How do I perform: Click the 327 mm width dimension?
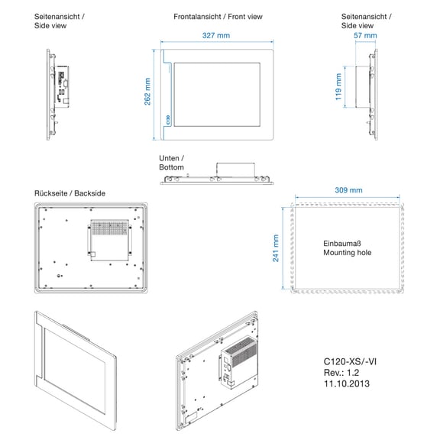(216, 36)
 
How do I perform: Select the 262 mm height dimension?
(147, 92)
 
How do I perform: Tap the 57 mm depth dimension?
(365, 36)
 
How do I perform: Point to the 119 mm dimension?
(338, 87)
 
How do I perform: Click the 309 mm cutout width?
(348, 190)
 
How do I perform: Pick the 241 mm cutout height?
(276, 248)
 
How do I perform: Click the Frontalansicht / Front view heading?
(218, 17)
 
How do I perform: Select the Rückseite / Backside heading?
(70, 193)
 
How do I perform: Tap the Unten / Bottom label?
(171, 163)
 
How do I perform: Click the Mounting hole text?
(348, 253)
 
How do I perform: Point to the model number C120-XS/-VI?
(350, 361)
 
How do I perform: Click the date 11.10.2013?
(347, 383)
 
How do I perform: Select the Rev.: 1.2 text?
(341, 373)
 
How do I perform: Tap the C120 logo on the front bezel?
(168, 120)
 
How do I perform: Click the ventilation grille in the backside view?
(109, 228)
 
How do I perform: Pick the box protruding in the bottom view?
(235, 170)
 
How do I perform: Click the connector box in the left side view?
(62, 87)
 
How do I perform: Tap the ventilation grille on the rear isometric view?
(241, 351)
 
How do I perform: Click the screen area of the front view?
(217, 95)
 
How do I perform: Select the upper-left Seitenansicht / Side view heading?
(60, 21)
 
